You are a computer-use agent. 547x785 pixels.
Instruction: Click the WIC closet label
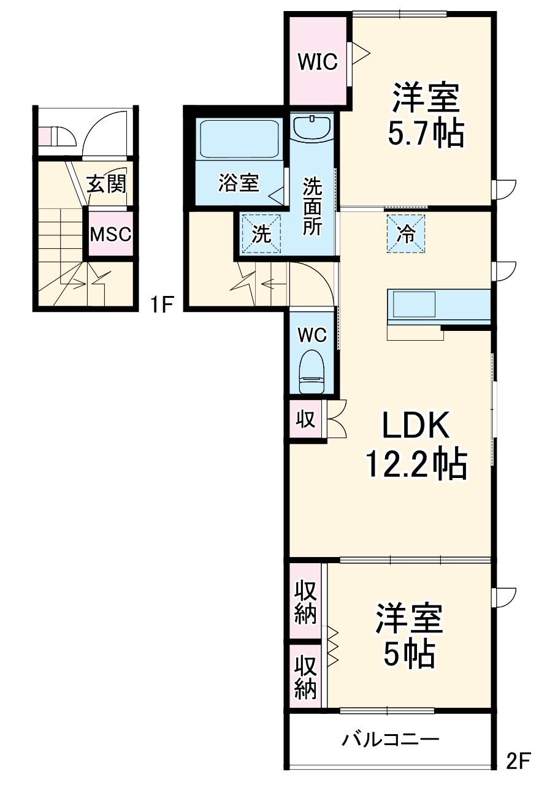[x=318, y=61]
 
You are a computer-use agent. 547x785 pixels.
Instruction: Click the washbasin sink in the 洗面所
[x=312, y=128]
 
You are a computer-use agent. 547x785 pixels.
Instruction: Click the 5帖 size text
[x=409, y=655]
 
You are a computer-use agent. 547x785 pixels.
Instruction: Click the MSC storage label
[x=110, y=234]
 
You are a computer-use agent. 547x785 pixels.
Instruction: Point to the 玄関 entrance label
[x=106, y=184]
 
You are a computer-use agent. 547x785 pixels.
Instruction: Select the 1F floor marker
[x=164, y=305]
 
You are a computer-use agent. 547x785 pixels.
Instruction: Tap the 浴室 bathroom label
[x=238, y=183]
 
